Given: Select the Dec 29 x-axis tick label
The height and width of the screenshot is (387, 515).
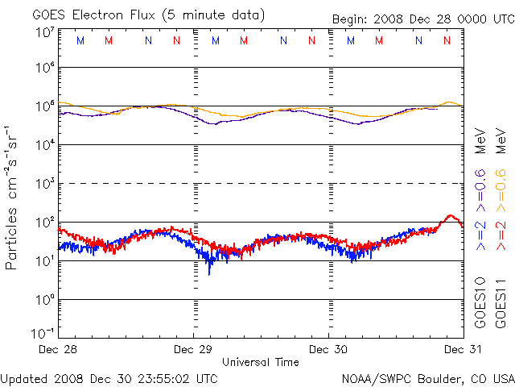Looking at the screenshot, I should (194, 350).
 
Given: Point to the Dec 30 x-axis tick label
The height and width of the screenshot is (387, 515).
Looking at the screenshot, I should (329, 350).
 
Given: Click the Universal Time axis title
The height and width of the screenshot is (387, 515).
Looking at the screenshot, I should (261, 362).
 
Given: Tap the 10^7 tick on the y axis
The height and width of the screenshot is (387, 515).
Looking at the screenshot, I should (44, 32).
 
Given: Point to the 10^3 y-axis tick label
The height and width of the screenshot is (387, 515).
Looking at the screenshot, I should (44, 184).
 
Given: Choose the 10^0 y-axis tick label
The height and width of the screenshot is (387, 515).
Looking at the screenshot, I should (44, 300).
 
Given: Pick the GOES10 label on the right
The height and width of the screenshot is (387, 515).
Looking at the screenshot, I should (480, 303).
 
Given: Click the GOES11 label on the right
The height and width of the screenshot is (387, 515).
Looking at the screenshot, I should (500, 303).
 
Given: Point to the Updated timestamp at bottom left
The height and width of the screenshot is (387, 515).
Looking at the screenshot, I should (109, 377).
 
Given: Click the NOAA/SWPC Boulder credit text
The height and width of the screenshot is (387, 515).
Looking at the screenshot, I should (427, 377).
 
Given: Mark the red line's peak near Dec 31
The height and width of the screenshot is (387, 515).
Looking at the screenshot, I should (451, 216).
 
